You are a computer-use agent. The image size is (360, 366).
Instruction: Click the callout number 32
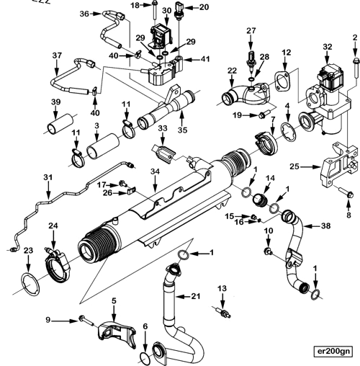point(328,47)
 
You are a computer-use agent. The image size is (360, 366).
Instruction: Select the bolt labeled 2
point(354,69)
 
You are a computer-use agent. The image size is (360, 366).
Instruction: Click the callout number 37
point(57,55)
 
